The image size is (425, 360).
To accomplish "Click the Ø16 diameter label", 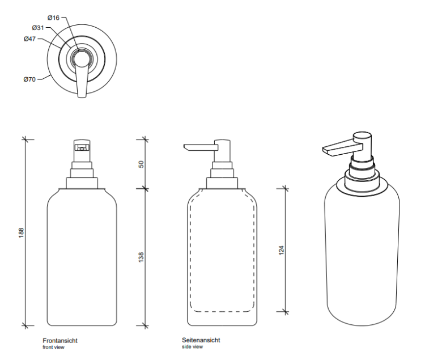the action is click(53, 18).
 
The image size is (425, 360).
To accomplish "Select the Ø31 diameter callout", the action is click(37, 28).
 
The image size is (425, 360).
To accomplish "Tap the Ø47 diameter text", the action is click(29, 39).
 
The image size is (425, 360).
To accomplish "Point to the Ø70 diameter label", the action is click(29, 79).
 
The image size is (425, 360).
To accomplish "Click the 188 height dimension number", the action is click(21, 233).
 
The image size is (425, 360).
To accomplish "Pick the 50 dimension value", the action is click(141, 164).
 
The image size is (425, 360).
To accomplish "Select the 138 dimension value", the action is click(141, 257).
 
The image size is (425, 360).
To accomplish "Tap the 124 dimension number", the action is click(281, 250).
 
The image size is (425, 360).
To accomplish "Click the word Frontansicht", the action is click(60, 341).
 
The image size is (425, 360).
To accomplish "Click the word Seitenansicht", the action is click(201, 340).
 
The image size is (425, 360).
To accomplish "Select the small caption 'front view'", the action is click(53, 348).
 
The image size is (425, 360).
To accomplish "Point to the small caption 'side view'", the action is click(192, 347).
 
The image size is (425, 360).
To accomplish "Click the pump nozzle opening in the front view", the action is click(82, 148).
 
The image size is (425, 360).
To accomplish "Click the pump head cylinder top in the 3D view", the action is click(362, 135).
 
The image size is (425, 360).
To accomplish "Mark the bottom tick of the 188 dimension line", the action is click(25, 325).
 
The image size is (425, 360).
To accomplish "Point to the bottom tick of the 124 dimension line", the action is click(285, 312).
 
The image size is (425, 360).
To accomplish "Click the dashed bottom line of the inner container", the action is click(222, 311).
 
